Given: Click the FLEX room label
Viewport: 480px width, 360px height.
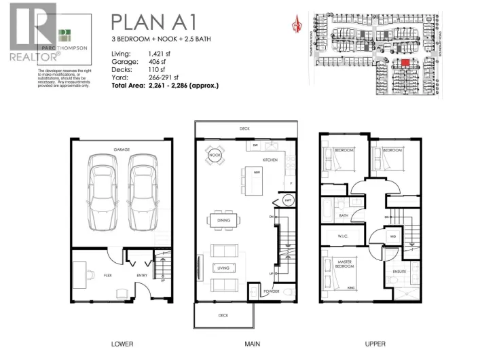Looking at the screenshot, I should [107, 276].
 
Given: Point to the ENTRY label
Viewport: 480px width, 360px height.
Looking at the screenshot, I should [143, 276].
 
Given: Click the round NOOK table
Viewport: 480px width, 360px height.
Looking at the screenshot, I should [216, 156].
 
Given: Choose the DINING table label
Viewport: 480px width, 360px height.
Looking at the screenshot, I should [224, 221].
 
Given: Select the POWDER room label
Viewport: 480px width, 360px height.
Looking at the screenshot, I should [272, 291].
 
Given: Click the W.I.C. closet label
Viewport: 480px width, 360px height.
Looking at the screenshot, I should [343, 236].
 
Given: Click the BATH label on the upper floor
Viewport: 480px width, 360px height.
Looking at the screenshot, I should [344, 216].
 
